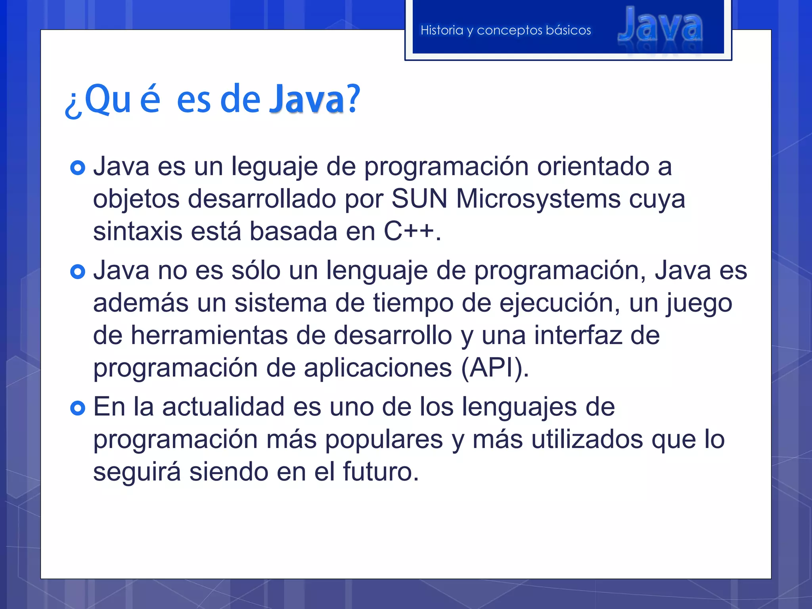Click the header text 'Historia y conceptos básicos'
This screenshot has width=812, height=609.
pos(506,30)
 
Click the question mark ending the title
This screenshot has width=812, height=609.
pos(354,99)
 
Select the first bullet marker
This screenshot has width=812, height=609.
pos(78,168)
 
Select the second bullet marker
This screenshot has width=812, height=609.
pos(78,272)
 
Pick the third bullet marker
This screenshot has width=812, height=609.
pos(78,408)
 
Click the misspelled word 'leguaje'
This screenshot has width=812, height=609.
pos(274,167)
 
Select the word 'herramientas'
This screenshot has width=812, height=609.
pos(209,335)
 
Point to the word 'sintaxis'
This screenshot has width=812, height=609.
pos(138,231)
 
